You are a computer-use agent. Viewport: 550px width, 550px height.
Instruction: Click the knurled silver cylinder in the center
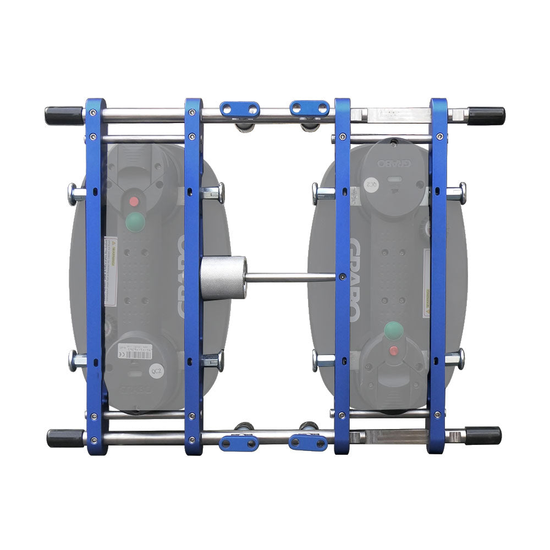coord(223,278)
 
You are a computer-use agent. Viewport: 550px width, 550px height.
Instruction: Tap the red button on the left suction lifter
coord(134,201)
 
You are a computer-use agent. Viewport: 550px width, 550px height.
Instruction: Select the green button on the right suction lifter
coord(393,330)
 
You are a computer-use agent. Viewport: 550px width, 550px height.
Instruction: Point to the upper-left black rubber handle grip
coord(64,116)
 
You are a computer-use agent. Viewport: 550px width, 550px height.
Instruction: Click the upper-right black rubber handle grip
coord(486,116)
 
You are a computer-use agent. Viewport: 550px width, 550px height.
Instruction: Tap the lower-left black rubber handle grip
coord(65,438)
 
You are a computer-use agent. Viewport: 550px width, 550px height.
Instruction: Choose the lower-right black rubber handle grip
coord(483,436)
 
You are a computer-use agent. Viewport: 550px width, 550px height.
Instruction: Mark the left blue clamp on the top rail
coord(240,109)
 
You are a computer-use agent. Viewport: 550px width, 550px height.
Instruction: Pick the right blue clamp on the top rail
coord(310,108)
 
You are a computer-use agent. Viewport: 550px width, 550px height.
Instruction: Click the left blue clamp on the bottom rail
coord(238,443)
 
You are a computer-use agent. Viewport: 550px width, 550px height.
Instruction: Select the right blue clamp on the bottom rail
coord(308,442)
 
